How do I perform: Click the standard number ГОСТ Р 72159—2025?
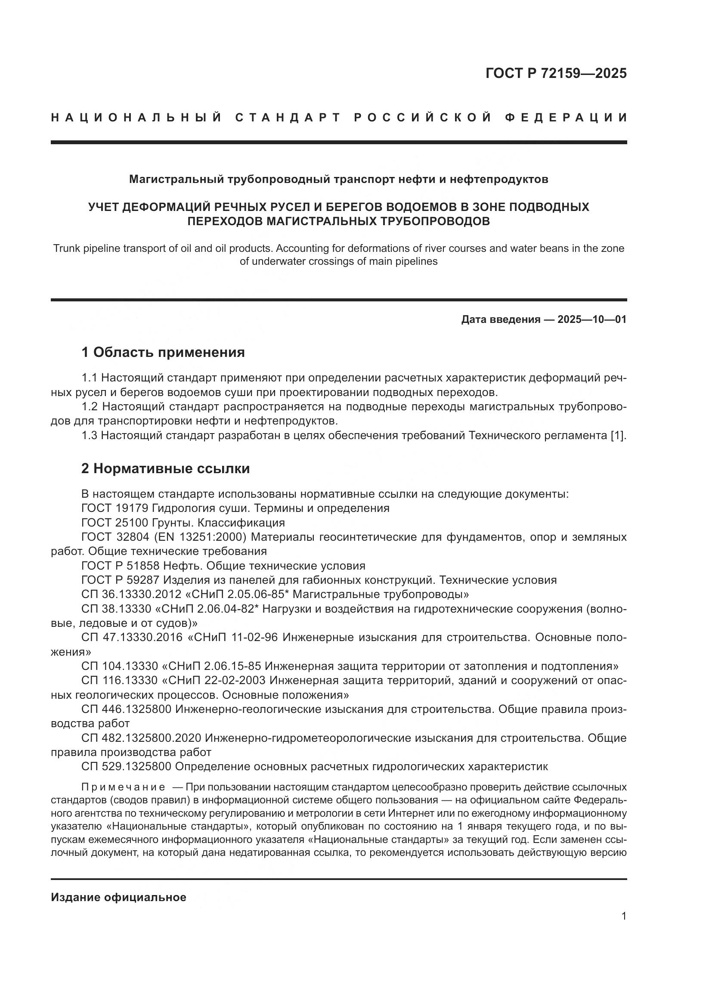(x=556, y=73)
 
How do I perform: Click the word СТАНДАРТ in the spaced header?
(x=288, y=118)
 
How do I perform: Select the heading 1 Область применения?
(x=163, y=352)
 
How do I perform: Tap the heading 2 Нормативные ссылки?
(x=165, y=468)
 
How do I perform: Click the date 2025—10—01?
(x=592, y=319)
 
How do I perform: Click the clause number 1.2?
(x=91, y=406)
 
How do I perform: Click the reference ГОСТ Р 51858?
(x=121, y=566)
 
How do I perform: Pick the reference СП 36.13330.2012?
(x=131, y=594)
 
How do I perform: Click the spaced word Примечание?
(x=123, y=787)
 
